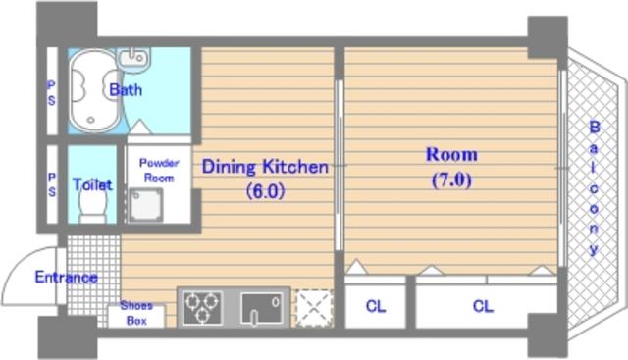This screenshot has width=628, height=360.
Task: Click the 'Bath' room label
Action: tap(126, 89)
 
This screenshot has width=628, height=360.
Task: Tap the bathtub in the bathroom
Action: tap(95, 90)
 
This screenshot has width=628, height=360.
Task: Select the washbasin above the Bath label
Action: tap(133, 57)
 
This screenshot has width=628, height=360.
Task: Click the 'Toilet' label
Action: tap(92, 184)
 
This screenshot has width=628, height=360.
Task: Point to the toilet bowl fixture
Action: tap(93, 206)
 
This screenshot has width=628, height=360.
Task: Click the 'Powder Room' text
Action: tap(159, 170)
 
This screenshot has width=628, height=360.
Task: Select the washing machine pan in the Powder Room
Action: tap(144, 205)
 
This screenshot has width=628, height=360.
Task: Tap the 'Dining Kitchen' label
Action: tap(265, 167)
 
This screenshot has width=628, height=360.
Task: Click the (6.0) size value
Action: tap(265, 191)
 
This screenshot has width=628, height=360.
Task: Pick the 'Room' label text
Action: tap(451, 155)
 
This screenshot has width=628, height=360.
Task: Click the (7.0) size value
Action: tap(451, 180)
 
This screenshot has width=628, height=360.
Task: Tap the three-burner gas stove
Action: tap(202, 308)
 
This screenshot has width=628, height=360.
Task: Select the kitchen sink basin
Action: tap(262, 308)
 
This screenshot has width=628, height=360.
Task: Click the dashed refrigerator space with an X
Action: tap(314, 308)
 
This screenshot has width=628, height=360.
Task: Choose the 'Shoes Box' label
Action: tap(136, 313)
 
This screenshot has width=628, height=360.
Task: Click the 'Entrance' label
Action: tap(66, 277)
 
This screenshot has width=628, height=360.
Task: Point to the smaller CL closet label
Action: tap(375, 306)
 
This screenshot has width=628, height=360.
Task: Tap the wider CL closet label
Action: tap(483, 306)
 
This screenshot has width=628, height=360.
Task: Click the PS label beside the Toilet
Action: tap(52, 185)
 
